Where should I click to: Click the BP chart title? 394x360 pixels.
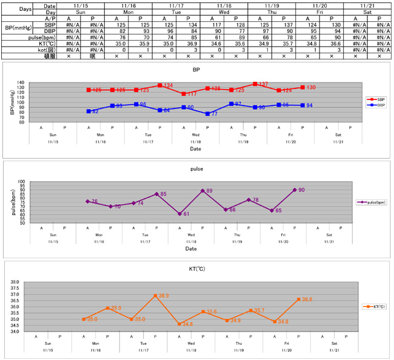click(196, 70)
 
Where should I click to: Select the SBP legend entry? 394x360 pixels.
click(376, 99)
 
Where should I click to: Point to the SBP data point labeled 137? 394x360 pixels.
click(255, 84)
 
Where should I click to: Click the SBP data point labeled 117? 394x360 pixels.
click(184, 94)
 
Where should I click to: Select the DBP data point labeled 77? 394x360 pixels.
click(207, 113)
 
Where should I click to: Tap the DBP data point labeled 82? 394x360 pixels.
click(88, 111)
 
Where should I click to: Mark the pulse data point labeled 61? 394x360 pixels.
click(179, 213)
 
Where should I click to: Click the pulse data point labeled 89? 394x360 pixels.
click(202, 190)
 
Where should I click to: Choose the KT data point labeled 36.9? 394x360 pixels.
click(155, 295)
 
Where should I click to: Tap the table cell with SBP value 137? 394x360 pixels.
click(282, 25)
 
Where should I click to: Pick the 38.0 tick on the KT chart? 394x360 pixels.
click(32, 282)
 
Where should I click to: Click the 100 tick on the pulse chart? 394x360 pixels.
click(37, 181)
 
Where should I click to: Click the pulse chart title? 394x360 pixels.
click(196, 170)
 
